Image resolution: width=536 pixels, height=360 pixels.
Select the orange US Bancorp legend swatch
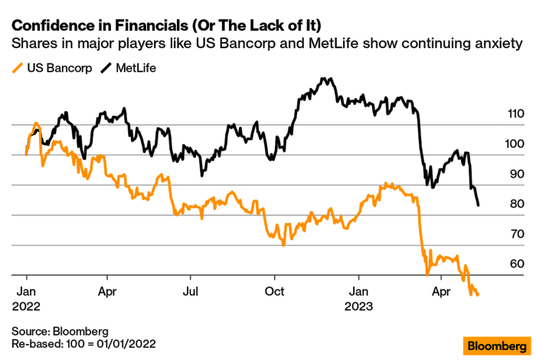18,68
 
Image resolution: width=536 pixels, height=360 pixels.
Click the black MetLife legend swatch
106,68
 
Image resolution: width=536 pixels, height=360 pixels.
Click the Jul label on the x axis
191,292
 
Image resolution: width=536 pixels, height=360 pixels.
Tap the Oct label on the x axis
274,292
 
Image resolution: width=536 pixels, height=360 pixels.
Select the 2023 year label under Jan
357,306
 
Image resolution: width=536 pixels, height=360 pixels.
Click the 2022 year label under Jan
26,306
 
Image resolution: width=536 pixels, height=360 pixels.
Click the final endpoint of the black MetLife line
479,205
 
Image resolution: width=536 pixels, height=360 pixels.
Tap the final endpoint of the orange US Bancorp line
479,295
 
